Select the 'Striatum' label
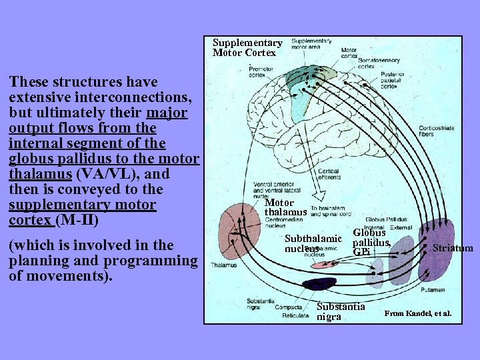(453, 249)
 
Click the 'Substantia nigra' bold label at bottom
(341, 311)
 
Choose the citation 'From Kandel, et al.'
(418, 313)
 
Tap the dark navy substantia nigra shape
(319, 284)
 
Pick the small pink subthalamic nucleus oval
(327, 264)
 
